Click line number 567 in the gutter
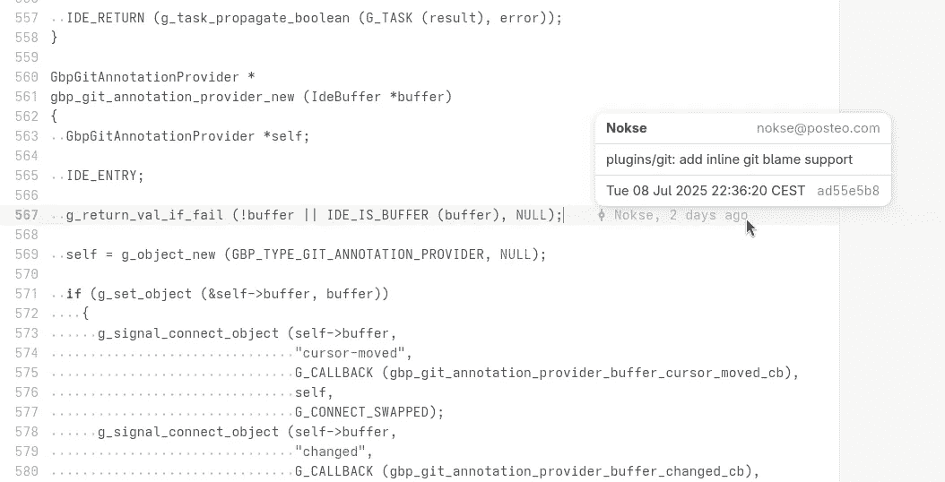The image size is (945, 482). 27,215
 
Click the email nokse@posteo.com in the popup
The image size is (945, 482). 818,128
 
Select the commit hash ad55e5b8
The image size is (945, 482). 848,191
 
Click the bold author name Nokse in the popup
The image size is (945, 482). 626,128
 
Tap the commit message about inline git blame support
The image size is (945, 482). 729,159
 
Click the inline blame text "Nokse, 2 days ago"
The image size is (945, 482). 681,215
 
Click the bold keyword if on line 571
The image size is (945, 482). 74,294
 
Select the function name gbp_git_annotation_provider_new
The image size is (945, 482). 172,97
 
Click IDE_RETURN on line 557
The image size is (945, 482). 106,18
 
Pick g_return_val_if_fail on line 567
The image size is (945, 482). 144,215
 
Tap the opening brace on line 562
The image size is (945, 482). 54,116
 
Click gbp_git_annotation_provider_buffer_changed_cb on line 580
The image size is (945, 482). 568,471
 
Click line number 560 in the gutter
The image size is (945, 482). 27,77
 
